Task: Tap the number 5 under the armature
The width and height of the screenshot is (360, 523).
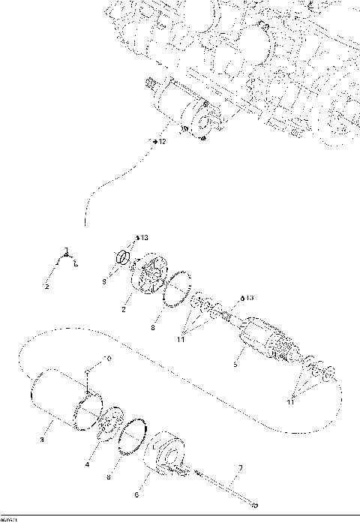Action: pyautogui.click(x=235, y=365)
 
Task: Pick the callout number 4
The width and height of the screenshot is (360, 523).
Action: pyautogui.click(x=88, y=465)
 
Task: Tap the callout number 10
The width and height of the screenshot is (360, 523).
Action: pyautogui.click(x=107, y=359)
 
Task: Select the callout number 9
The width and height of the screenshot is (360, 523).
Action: pyautogui.click(x=105, y=281)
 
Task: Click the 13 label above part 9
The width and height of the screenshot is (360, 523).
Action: pyautogui.click(x=145, y=238)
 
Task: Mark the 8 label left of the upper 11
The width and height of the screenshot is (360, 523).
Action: pyautogui.click(x=154, y=327)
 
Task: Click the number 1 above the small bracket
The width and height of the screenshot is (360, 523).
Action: pyautogui.click(x=67, y=250)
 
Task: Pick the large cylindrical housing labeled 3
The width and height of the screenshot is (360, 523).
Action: pyautogui.click(x=64, y=398)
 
